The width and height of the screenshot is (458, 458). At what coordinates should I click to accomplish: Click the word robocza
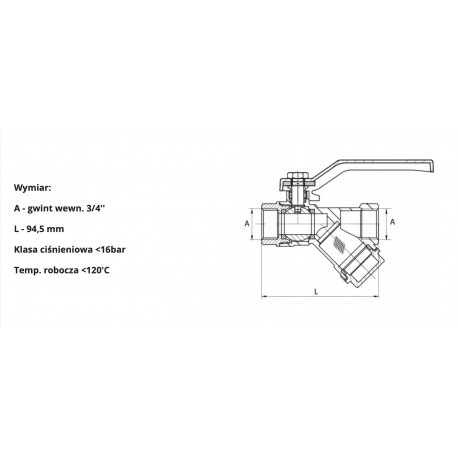coord(75,271)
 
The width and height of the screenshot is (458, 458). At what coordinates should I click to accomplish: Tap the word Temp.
coord(32,271)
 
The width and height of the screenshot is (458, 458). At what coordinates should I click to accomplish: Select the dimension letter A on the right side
coord(393,221)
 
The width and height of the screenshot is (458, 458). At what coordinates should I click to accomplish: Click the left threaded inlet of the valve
coord(271,224)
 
